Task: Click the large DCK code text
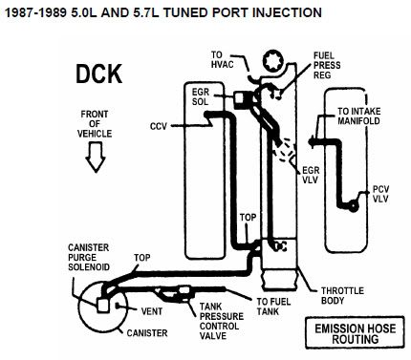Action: point(98,74)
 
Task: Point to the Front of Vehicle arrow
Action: point(96,157)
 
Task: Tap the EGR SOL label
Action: point(201,96)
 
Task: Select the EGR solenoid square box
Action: point(240,97)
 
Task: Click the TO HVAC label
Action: point(222,60)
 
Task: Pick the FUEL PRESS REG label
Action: point(327,65)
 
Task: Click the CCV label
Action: point(159,126)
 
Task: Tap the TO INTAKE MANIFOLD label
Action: point(359,116)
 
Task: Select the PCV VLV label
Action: point(380,194)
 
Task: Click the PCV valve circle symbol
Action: point(353,206)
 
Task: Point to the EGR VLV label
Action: point(311,175)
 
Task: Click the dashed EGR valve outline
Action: point(285,150)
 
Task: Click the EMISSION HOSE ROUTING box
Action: point(355,332)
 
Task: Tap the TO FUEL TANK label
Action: point(273,307)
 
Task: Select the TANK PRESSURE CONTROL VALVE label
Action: point(222,321)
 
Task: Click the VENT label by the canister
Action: point(152,311)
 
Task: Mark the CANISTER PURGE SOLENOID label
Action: point(89,257)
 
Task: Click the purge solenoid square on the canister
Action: point(103,306)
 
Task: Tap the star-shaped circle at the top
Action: point(273,61)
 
